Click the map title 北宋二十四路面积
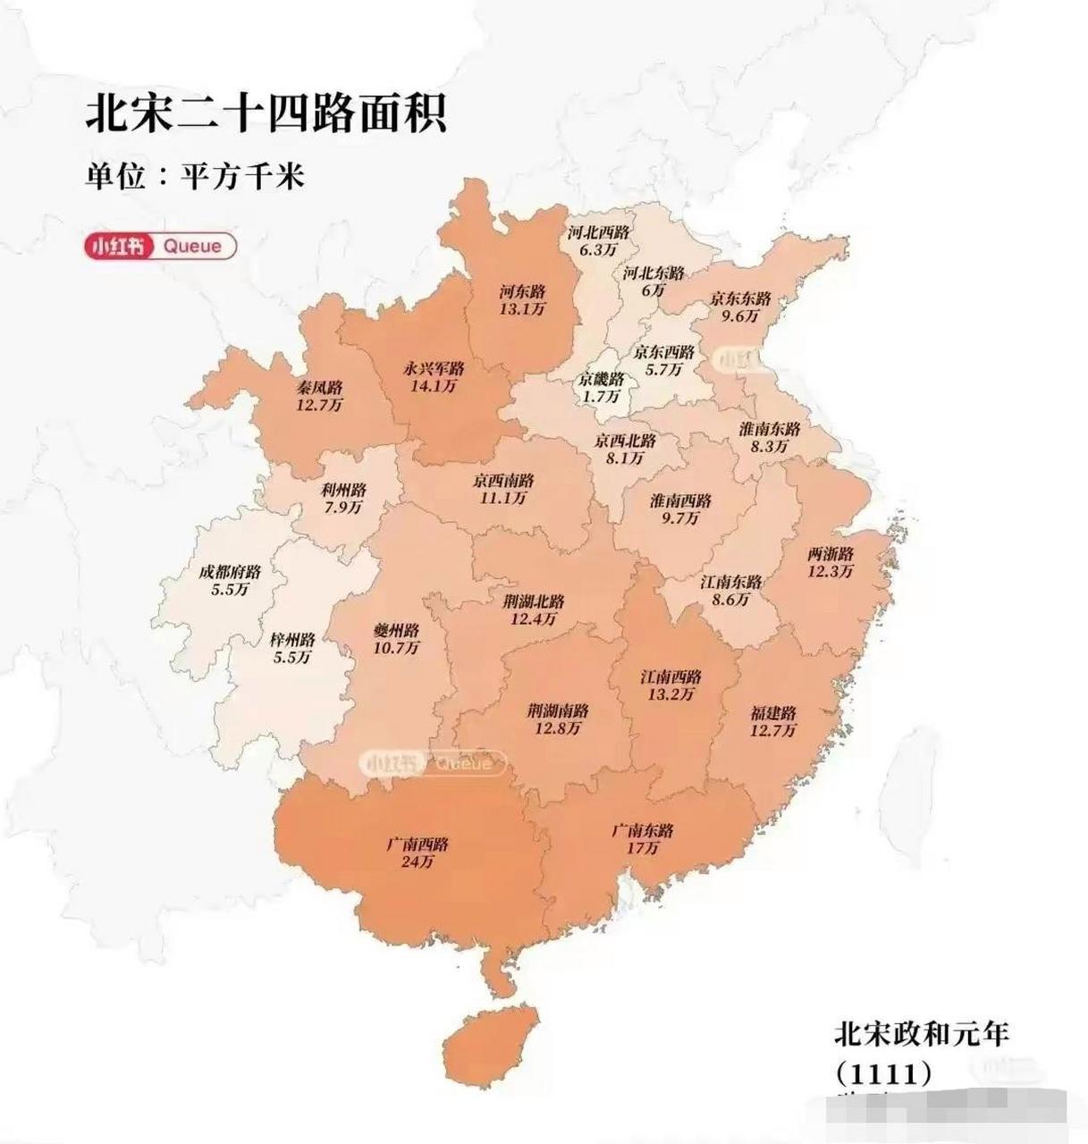[x=266, y=114]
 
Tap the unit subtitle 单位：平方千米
[x=195, y=175]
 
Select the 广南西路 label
[x=417, y=845]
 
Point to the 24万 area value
[x=417, y=862]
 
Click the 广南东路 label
[x=643, y=830]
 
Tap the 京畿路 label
[x=599, y=379]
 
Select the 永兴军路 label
[x=434, y=368]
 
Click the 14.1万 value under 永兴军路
[x=434, y=386]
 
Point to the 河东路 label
[x=522, y=291]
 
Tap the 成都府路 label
[x=230, y=572]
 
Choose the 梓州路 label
[x=292, y=640]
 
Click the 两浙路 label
[x=831, y=553]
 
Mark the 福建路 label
[x=773, y=713]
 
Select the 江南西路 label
[x=671, y=677]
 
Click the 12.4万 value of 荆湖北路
[x=534, y=618]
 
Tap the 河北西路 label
[x=599, y=232]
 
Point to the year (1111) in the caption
[x=883, y=1072]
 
